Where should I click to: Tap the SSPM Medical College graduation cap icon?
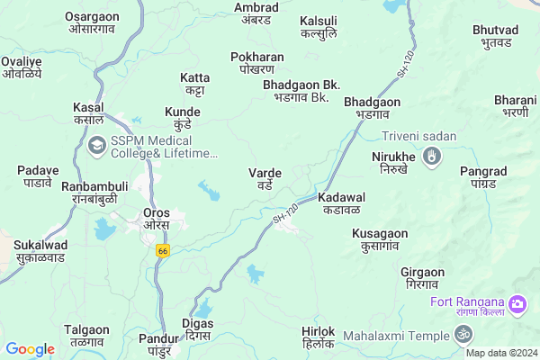(x=96, y=143)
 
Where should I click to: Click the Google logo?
(x=30, y=349)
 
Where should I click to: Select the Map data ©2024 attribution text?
(x=500, y=353)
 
